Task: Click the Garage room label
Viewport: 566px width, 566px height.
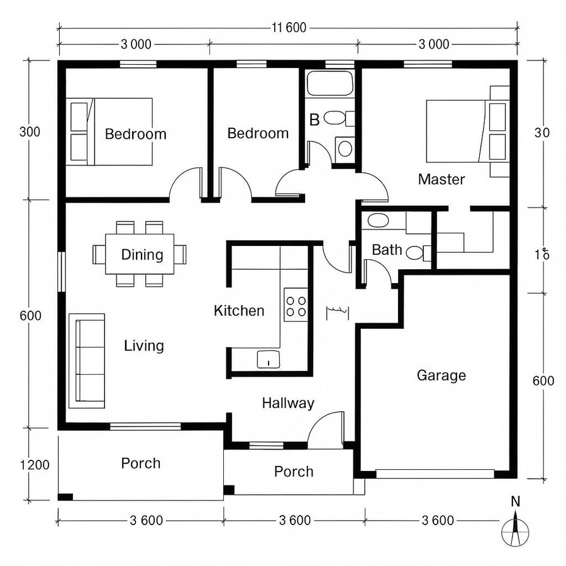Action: click(x=441, y=375)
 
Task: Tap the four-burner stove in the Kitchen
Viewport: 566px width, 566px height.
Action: click(x=296, y=305)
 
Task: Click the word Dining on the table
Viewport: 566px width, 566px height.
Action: click(x=142, y=255)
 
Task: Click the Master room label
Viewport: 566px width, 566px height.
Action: click(x=441, y=179)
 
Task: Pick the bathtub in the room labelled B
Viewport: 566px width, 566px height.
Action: click(x=328, y=83)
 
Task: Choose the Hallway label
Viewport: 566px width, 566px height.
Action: click(x=288, y=403)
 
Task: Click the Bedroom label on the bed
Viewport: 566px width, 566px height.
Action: click(x=136, y=134)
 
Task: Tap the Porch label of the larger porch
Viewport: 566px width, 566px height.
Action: click(x=141, y=463)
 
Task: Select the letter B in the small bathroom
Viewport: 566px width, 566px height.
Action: click(x=314, y=119)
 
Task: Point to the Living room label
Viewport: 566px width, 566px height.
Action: click(x=143, y=345)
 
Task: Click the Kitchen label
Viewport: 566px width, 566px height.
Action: click(x=239, y=311)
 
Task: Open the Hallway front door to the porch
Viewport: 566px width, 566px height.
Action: click(x=327, y=431)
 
